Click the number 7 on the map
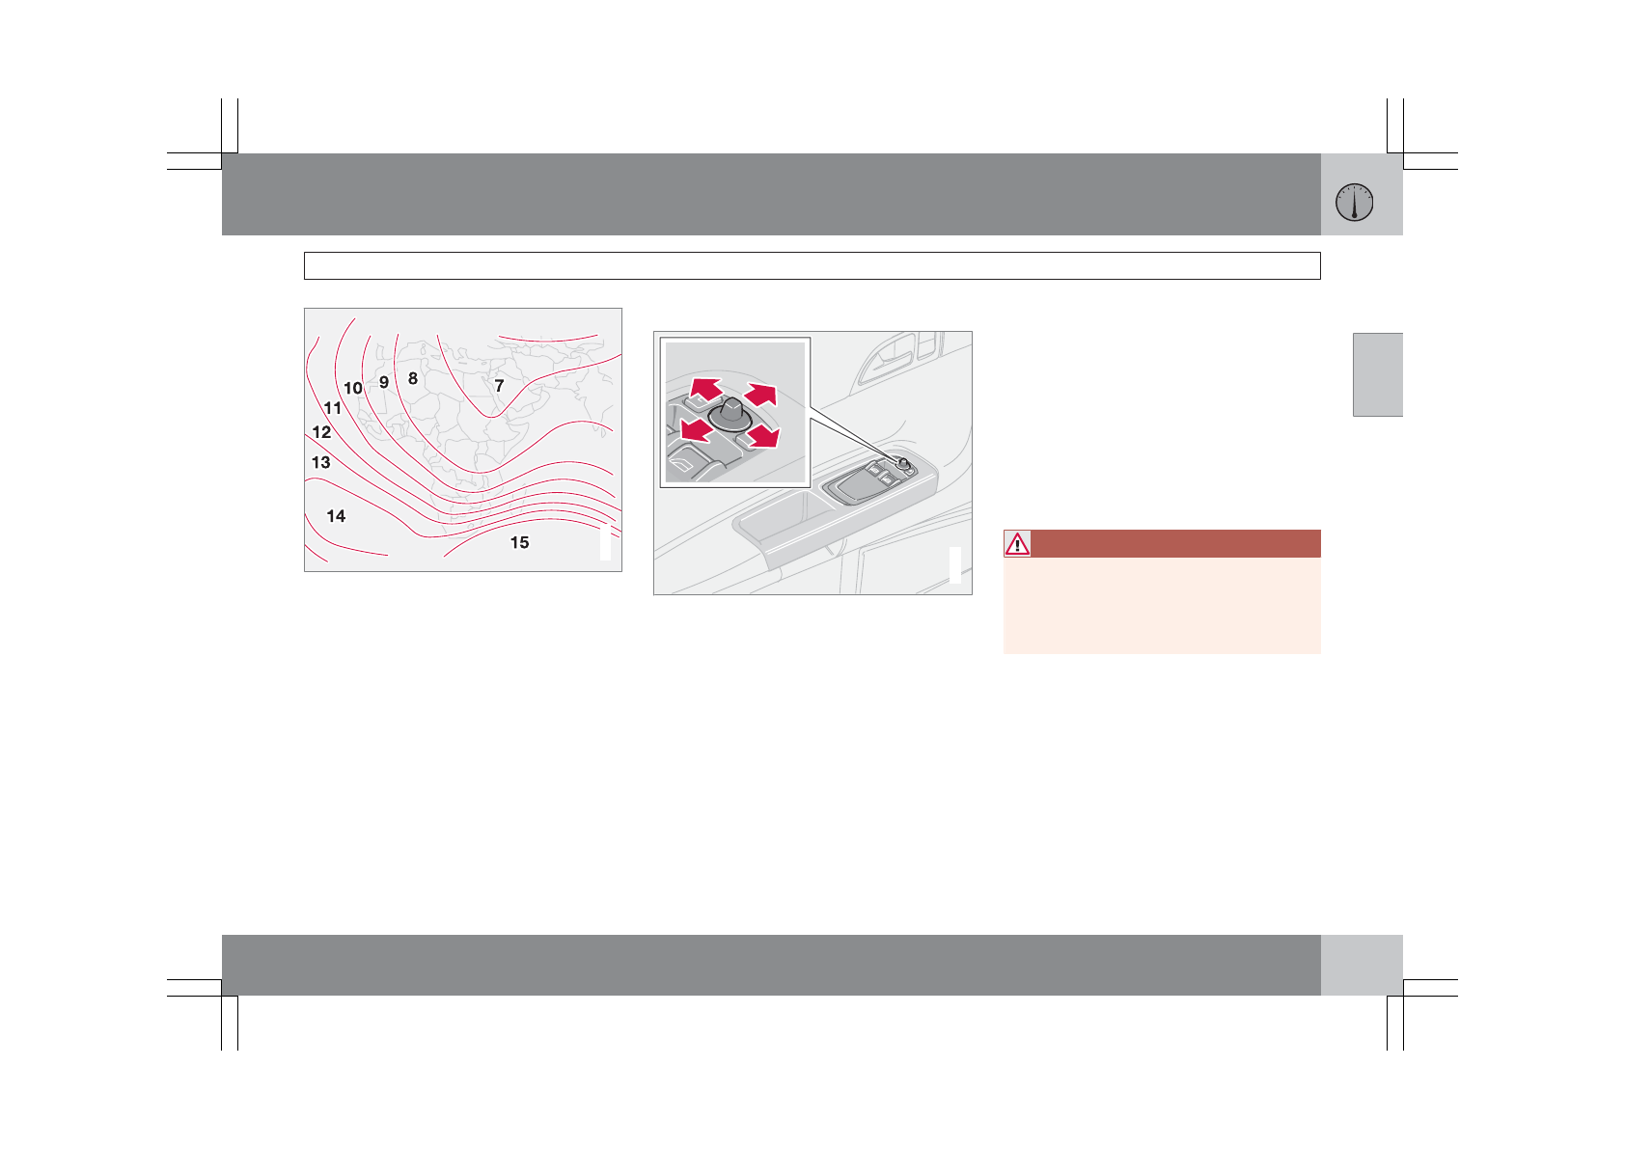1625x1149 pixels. [x=498, y=385]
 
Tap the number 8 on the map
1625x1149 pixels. [x=413, y=378]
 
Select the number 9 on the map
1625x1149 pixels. [x=384, y=381]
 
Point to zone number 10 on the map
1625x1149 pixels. [x=352, y=388]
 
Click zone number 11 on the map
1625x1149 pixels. [x=332, y=408]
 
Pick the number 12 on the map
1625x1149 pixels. [x=321, y=431]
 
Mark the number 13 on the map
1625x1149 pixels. [x=320, y=462]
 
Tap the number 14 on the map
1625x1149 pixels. [x=336, y=516]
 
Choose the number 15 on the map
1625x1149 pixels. [x=519, y=542]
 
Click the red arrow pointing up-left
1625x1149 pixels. [x=705, y=389]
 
